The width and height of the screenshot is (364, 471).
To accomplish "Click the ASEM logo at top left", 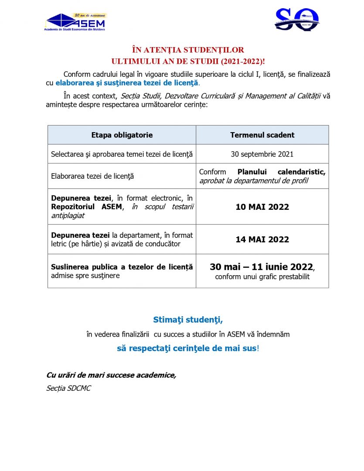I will point(75,22).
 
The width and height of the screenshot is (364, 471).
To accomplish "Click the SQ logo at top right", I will point(296,19).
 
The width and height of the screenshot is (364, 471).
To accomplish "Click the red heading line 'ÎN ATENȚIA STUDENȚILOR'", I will point(188,50).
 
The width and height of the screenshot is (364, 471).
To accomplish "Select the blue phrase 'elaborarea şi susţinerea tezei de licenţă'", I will point(126,82).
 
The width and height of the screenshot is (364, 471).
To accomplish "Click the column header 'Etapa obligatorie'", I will point(122,135).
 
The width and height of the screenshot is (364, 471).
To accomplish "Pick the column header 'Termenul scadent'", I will point(262,135).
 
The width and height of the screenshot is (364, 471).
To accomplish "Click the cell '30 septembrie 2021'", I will point(262,154).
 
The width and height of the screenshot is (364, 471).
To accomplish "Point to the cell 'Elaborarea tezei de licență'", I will point(92,176).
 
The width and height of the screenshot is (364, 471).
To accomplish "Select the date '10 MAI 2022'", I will point(262,207).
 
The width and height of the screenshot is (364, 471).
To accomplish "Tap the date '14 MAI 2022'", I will point(262,239).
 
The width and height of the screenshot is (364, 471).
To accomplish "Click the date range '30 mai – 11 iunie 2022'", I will point(261,267).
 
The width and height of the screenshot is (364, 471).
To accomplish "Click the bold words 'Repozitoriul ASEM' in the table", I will point(86,207).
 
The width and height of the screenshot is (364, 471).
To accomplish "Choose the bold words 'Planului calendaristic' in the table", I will point(282,172).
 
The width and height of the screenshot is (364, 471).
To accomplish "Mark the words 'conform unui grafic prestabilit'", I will point(262,277).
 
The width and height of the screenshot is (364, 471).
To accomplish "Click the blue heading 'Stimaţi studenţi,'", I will point(188,320).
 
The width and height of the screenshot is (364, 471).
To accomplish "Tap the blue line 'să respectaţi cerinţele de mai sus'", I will point(186,348).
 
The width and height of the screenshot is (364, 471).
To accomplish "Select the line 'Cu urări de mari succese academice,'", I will point(111,375).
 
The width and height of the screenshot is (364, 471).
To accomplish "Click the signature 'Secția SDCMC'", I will point(68,388).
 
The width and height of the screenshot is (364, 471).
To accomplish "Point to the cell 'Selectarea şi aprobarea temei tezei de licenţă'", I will point(122,154).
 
